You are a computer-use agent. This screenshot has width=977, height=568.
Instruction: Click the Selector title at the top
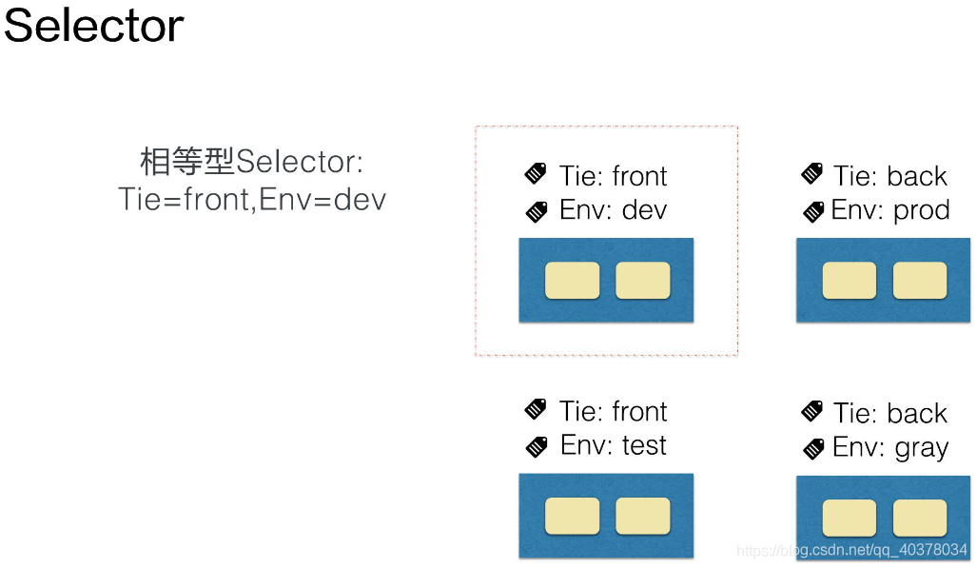click(x=93, y=26)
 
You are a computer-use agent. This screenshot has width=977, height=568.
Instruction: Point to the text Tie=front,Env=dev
click(x=252, y=200)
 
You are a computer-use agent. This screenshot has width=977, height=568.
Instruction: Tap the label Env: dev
click(x=613, y=210)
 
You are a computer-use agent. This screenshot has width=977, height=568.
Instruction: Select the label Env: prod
click(x=890, y=210)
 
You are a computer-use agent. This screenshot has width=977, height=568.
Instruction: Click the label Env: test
click(x=613, y=445)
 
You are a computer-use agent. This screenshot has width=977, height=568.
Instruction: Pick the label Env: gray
click(x=890, y=448)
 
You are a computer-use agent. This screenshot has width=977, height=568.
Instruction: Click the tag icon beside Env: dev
click(x=537, y=212)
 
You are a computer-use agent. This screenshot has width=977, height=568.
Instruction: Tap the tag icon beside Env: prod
click(x=813, y=212)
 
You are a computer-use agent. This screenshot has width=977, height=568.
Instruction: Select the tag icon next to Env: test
click(x=537, y=446)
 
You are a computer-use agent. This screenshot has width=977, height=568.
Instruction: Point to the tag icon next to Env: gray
click(x=813, y=449)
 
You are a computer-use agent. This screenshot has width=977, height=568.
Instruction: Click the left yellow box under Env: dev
click(x=572, y=281)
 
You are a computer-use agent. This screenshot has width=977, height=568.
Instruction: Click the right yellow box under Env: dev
click(x=643, y=281)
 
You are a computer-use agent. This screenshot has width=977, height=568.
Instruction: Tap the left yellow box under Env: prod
click(x=850, y=281)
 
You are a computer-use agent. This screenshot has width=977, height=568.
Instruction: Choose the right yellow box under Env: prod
click(x=920, y=281)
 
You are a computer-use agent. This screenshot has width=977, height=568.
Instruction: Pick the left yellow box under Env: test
click(x=572, y=516)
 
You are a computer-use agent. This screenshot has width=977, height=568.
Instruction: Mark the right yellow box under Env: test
click(x=643, y=516)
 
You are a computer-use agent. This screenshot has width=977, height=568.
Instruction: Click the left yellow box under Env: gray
click(x=850, y=518)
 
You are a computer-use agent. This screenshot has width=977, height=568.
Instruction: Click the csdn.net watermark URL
click(x=851, y=550)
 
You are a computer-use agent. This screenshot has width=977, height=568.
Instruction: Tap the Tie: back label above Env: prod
click(x=890, y=176)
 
